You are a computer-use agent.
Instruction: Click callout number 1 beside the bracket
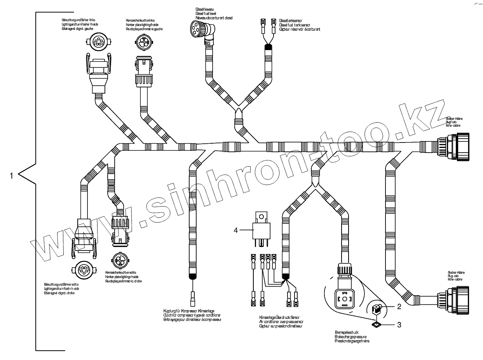(11, 176)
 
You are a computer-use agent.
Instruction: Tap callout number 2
(399, 307)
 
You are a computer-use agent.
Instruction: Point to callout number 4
(235, 230)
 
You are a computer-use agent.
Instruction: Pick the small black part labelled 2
(376, 310)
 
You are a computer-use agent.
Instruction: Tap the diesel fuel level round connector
(196, 28)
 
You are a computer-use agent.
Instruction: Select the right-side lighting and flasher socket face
(83, 269)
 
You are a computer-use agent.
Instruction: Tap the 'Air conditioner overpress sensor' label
(281, 322)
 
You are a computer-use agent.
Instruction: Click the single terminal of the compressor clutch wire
(193, 300)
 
